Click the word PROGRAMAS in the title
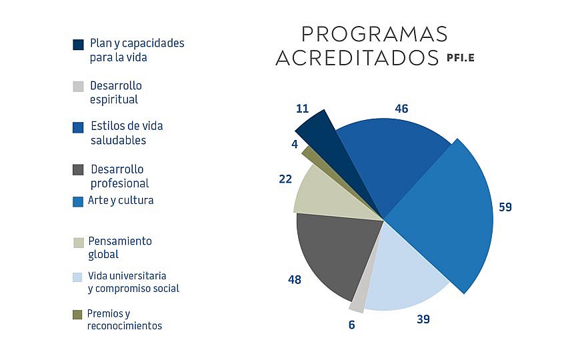[374, 34]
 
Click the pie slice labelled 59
[447, 213]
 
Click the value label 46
[401, 109]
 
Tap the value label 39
[423, 319]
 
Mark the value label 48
[294, 279]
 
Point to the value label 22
[285, 179]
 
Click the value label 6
[352, 325]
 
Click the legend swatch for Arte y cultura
[78, 201]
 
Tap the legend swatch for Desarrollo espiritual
[78, 87]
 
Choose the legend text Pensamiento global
[120, 247]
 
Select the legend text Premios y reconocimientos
[124, 319]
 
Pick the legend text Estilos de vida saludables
[127, 133]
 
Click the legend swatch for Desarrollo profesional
[78, 170]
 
